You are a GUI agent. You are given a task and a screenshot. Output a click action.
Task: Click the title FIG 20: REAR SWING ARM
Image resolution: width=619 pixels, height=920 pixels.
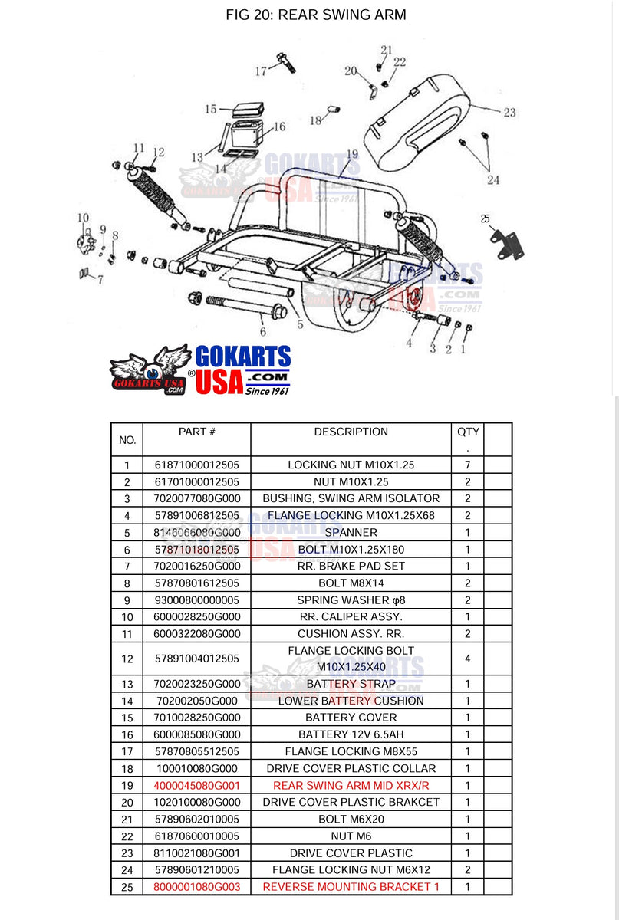point(316,15)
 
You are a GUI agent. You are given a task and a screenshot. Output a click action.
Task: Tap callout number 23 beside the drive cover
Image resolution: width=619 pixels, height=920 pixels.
point(509,112)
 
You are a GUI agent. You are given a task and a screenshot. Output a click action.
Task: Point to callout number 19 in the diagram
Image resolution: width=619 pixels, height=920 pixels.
point(352,154)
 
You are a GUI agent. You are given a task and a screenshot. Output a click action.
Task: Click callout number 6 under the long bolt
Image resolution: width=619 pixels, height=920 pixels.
point(262,331)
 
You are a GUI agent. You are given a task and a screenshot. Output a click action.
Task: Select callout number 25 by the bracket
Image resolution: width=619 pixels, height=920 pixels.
point(485,219)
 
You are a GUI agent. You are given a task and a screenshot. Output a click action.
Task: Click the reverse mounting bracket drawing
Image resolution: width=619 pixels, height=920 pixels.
point(506,241)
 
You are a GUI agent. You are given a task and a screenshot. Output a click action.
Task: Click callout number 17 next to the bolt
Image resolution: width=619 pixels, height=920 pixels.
point(261,71)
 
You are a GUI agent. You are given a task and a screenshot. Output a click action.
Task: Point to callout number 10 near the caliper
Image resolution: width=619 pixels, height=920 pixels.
point(83,219)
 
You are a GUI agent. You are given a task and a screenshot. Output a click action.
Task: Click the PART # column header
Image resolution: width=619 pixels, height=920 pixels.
point(196,432)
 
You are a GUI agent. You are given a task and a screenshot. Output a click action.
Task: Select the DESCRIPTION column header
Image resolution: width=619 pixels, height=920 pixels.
point(351,432)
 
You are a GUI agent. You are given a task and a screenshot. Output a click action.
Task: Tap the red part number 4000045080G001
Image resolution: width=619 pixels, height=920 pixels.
point(196,785)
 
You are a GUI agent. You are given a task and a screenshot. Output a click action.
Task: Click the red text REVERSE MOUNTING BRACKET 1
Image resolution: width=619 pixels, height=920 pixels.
point(351,886)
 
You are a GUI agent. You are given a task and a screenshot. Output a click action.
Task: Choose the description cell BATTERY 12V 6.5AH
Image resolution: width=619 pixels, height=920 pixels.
point(351,734)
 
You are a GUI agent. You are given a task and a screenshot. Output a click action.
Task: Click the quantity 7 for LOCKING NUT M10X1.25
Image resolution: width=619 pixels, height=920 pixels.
point(467,465)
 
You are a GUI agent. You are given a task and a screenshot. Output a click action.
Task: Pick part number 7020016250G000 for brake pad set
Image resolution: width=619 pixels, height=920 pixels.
point(196,566)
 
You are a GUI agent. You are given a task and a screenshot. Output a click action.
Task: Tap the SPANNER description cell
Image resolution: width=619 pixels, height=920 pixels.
point(351,532)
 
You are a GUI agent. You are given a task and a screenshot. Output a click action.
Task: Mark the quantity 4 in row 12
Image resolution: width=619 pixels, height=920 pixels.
point(467,659)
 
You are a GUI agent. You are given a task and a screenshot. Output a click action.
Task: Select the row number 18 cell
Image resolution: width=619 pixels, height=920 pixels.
point(127,768)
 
